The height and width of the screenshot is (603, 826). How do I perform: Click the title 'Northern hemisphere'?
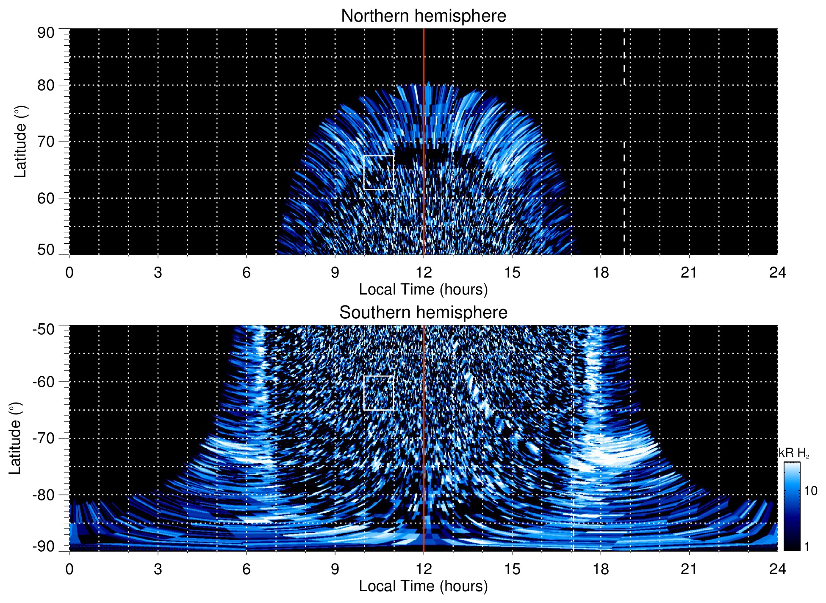423,16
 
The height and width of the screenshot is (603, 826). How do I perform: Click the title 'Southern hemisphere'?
423,313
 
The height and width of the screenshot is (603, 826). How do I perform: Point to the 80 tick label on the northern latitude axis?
46,85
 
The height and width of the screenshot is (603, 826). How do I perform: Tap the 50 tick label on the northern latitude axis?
46,250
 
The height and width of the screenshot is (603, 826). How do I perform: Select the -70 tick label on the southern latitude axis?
43,438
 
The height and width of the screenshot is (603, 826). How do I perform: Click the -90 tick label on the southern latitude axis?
43,546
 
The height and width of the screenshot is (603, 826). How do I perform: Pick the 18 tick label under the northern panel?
601,272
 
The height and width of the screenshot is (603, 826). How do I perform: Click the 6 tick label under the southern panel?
246,569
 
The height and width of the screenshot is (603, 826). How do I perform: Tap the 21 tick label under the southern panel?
689,569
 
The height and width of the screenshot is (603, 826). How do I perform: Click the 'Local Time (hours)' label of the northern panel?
423,289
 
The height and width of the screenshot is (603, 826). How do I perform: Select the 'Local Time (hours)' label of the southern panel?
423,586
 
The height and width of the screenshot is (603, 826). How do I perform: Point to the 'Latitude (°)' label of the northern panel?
20,142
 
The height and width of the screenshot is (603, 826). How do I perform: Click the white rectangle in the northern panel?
379,156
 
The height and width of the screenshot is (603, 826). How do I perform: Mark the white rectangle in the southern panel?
379,376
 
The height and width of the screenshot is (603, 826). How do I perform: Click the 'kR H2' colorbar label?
793,453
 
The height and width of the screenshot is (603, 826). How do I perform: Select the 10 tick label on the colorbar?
810,491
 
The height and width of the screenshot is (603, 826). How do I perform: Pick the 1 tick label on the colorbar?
807,547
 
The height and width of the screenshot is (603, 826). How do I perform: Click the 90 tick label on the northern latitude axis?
46,33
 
